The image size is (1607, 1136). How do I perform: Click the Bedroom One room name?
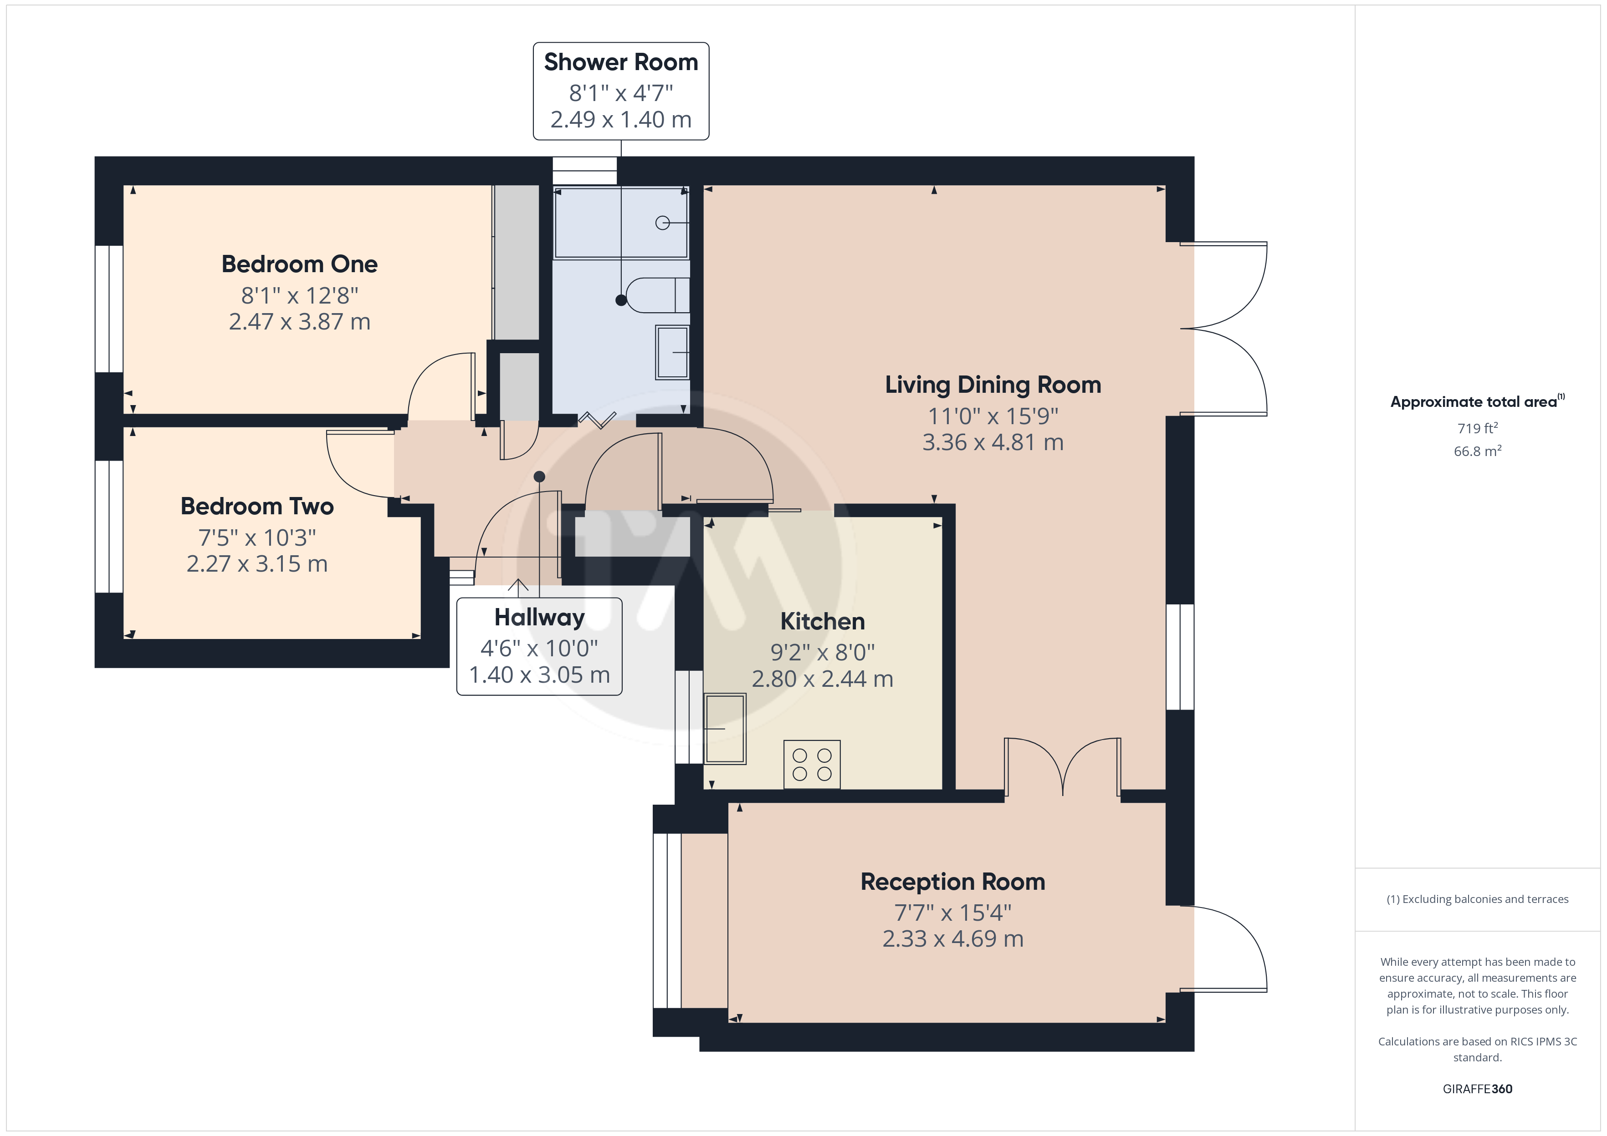pyautogui.click(x=300, y=264)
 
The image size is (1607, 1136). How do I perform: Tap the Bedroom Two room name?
pyautogui.click(x=257, y=507)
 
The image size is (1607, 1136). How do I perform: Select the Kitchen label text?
pyautogui.click(x=822, y=621)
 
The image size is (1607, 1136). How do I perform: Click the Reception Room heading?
pyautogui.click(x=952, y=882)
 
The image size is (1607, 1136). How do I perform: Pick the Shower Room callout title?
pyautogui.click(x=621, y=62)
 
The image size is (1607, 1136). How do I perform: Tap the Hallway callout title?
pyautogui.click(x=539, y=618)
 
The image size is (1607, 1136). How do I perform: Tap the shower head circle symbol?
pyautogui.click(x=662, y=223)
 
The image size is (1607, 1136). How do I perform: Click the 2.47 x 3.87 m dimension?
pyautogui.click(x=300, y=322)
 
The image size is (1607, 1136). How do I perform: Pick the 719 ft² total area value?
pyautogui.click(x=1478, y=428)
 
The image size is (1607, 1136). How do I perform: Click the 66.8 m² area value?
pyautogui.click(x=1478, y=451)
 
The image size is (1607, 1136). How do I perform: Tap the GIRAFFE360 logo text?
pyautogui.click(x=1478, y=1089)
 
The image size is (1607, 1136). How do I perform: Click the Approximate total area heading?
pyautogui.click(x=1477, y=401)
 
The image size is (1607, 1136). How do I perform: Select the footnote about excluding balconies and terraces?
pyautogui.click(x=1478, y=900)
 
